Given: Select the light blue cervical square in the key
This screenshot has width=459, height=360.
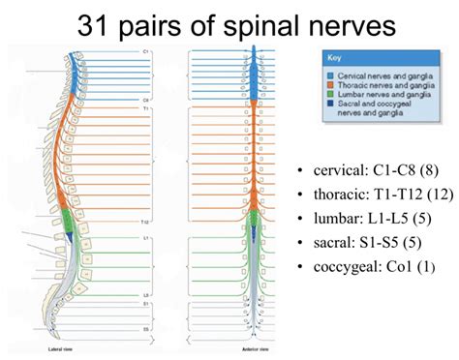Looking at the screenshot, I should (x=332, y=73).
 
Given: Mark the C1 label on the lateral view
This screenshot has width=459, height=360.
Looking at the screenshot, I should (x=145, y=50).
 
